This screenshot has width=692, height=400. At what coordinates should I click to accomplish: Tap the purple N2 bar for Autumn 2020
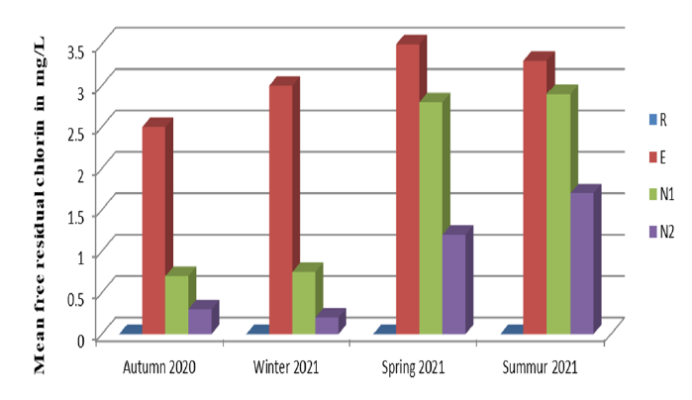pos(199,321)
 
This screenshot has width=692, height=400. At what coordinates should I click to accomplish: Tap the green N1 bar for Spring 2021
pos(431,217)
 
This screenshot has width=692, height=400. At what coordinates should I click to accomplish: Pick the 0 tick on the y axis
pos(86,339)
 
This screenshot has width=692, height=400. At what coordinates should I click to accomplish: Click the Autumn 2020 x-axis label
pos(159,368)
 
